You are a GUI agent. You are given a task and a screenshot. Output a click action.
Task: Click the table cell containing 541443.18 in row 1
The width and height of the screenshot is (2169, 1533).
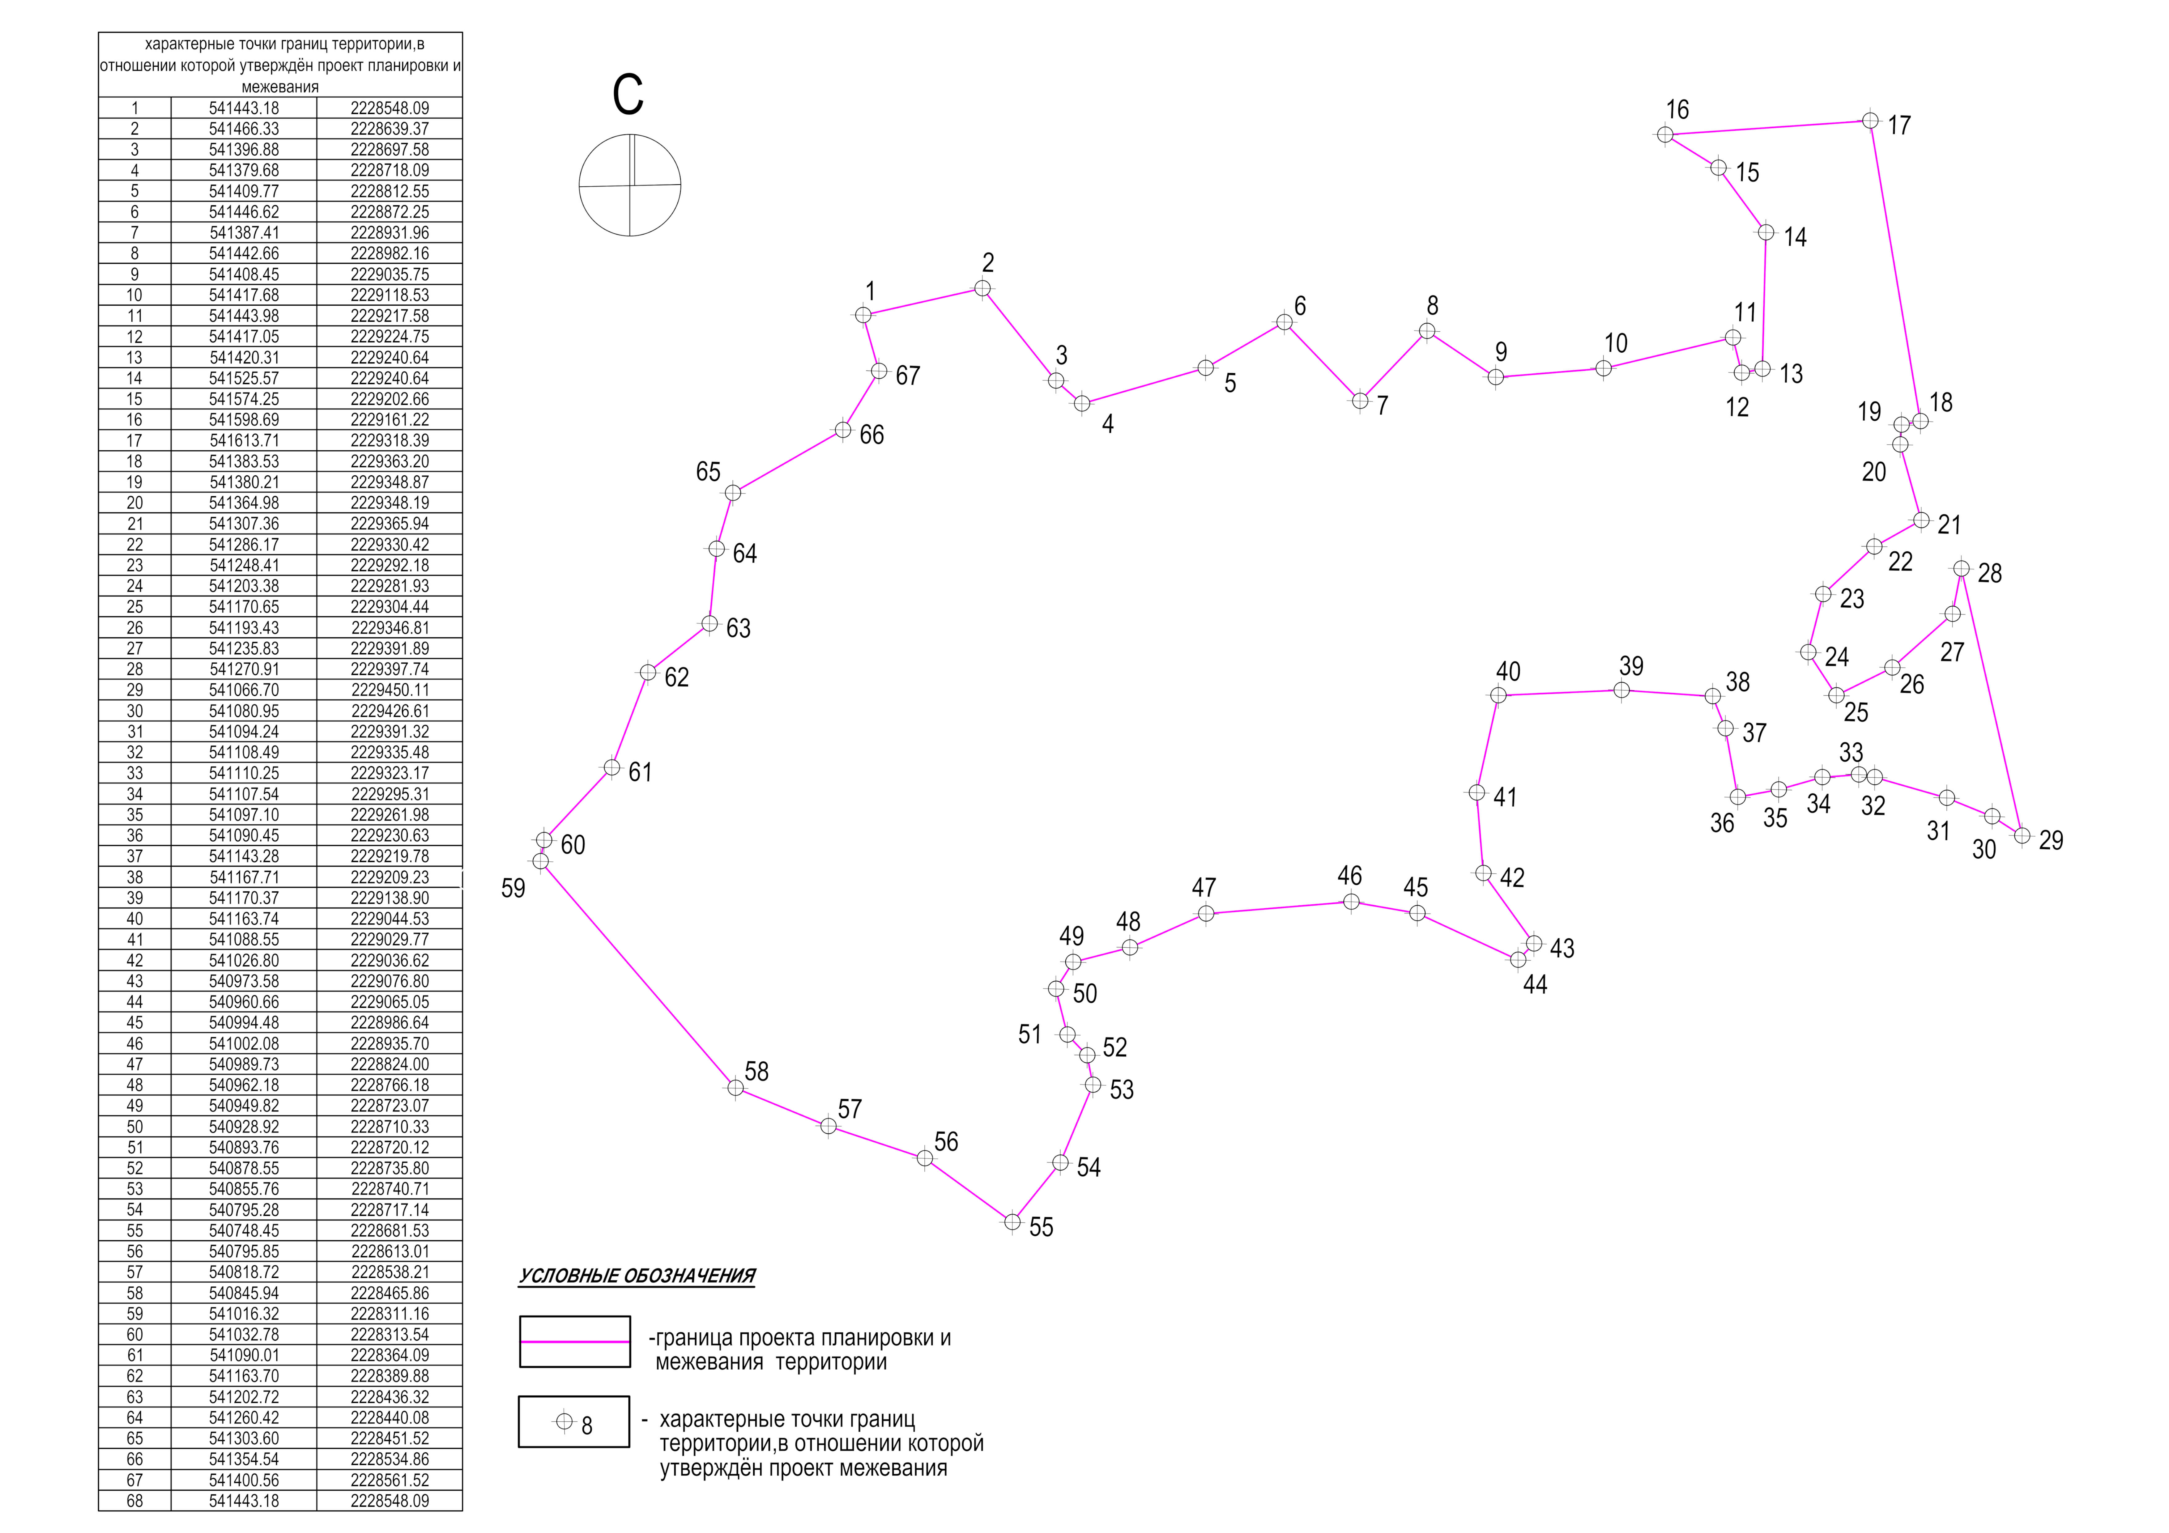(x=244, y=108)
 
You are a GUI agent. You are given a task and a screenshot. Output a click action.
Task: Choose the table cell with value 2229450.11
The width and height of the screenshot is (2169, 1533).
(x=389, y=690)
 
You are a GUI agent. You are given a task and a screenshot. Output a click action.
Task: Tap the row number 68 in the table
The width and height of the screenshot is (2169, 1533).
(x=134, y=1501)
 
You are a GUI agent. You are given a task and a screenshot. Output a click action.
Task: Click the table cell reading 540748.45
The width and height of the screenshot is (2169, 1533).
(x=244, y=1231)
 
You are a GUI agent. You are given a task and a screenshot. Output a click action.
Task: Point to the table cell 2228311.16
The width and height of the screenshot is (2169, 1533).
(x=389, y=1314)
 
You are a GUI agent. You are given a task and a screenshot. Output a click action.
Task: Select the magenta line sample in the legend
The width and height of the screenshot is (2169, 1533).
(x=574, y=1341)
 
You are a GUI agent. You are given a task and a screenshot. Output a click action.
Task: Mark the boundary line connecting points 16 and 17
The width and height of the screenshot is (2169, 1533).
(x=1766, y=128)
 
